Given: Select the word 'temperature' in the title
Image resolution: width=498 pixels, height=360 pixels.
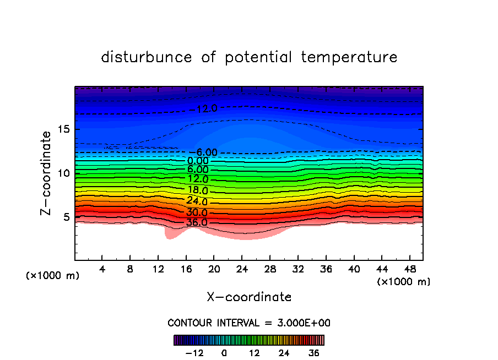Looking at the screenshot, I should [348, 57].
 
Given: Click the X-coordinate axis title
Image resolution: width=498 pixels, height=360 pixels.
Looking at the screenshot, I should [249, 297].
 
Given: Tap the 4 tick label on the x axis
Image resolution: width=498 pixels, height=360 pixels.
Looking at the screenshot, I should [102, 270].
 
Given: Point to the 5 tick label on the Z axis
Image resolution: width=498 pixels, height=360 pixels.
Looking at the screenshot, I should [68, 217].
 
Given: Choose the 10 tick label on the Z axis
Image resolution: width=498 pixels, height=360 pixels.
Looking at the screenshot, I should [64, 173].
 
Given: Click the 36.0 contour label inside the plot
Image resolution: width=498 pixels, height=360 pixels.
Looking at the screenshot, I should [197, 223].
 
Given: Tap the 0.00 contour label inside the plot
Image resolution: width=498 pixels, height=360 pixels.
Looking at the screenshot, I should [198, 161].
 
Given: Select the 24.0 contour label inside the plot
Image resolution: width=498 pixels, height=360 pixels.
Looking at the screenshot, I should [197, 201].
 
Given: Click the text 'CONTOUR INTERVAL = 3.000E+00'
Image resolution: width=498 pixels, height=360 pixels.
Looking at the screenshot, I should [249, 323].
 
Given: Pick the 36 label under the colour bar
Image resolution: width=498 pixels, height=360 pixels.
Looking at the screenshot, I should [314, 353].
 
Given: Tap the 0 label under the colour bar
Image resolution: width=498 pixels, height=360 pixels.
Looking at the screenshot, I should [224, 353].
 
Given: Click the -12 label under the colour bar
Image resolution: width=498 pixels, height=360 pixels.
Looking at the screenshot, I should [194, 353].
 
